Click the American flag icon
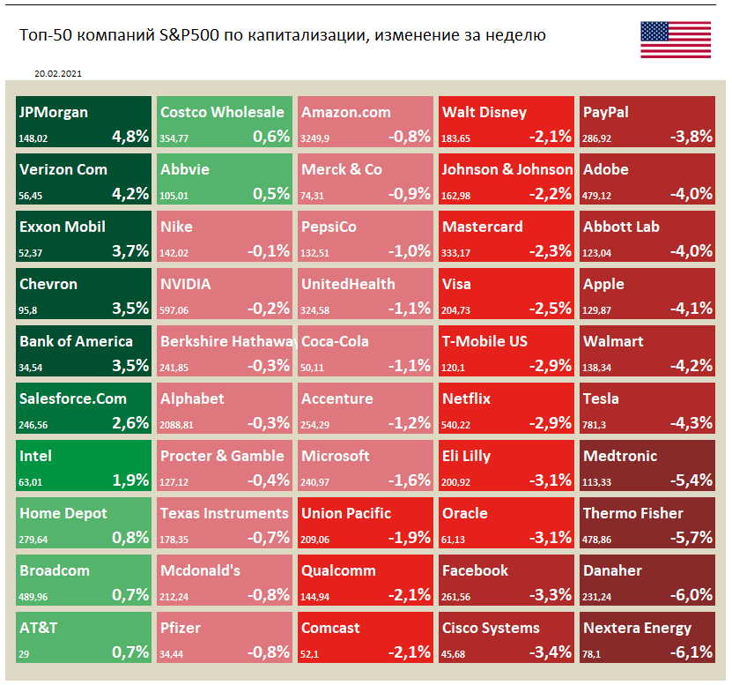[675, 38]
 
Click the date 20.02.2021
[60, 75]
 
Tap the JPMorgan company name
[54, 112]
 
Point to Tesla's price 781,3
[595, 424]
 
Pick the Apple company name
[603, 284]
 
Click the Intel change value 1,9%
[130, 480]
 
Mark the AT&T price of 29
[25, 653]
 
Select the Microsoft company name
[336, 456]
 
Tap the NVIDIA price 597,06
[174, 309]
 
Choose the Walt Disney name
[484, 112]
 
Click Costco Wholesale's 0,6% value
[271, 136]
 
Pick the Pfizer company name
[181, 628]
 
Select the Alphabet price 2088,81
[177, 424]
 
